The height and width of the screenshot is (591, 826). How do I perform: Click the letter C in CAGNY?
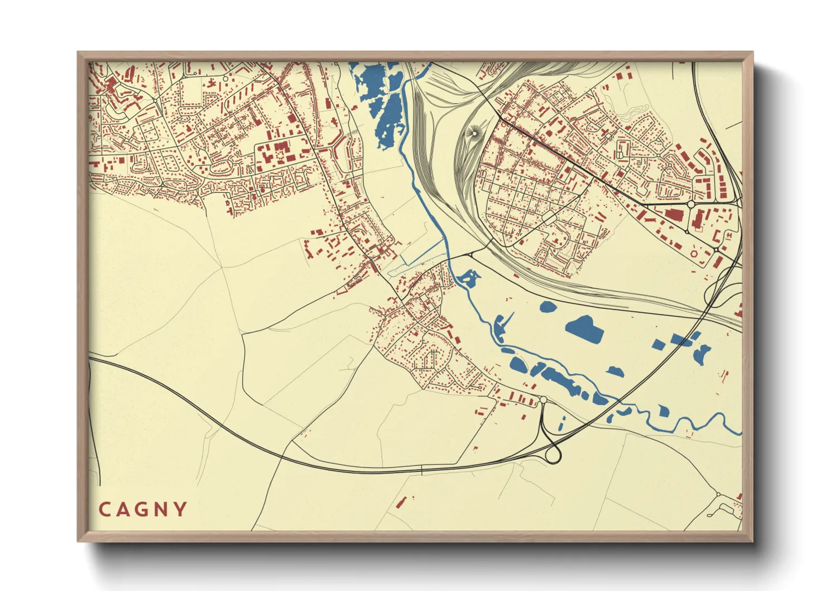[x=104, y=509]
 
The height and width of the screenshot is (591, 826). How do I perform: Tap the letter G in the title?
[x=143, y=509]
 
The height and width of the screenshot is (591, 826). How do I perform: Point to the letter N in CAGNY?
[x=162, y=509]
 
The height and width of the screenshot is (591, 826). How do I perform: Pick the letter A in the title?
[x=123, y=509]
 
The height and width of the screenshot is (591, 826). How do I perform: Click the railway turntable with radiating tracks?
[x=476, y=132]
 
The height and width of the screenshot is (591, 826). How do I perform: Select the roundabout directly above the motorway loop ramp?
[x=543, y=400]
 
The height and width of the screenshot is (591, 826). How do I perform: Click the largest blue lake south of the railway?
[x=584, y=328]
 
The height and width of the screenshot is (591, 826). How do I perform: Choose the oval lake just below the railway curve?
[x=548, y=306]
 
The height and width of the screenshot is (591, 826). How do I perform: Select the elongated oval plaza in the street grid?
[x=550, y=218]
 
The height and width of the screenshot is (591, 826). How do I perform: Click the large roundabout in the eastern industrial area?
[x=691, y=204]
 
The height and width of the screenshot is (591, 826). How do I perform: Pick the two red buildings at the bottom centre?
[x=402, y=501]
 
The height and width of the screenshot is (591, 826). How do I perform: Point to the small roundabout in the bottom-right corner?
[x=718, y=494]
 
